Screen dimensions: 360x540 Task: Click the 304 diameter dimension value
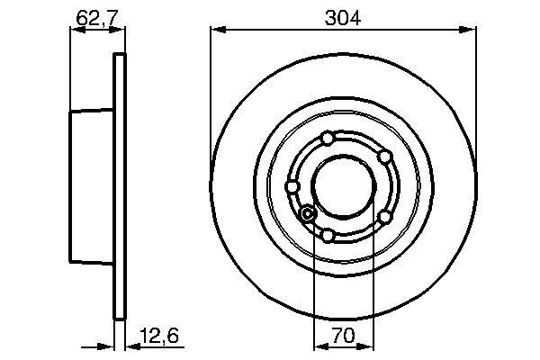click(x=343, y=17)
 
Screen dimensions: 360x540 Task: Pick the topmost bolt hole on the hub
click(x=328, y=137)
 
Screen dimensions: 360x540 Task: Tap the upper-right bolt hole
click(x=384, y=157)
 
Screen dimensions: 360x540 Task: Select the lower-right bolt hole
click(x=384, y=217)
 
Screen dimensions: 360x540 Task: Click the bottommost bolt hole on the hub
click(x=328, y=236)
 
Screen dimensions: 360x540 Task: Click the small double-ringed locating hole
click(x=307, y=213)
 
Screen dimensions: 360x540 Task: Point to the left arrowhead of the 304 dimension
click(x=216, y=31)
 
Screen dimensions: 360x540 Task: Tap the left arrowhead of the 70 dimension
click(x=316, y=346)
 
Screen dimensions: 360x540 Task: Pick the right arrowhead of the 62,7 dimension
click(x=118, y=31)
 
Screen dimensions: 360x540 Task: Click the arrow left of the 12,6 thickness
click(x=108, y=346)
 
